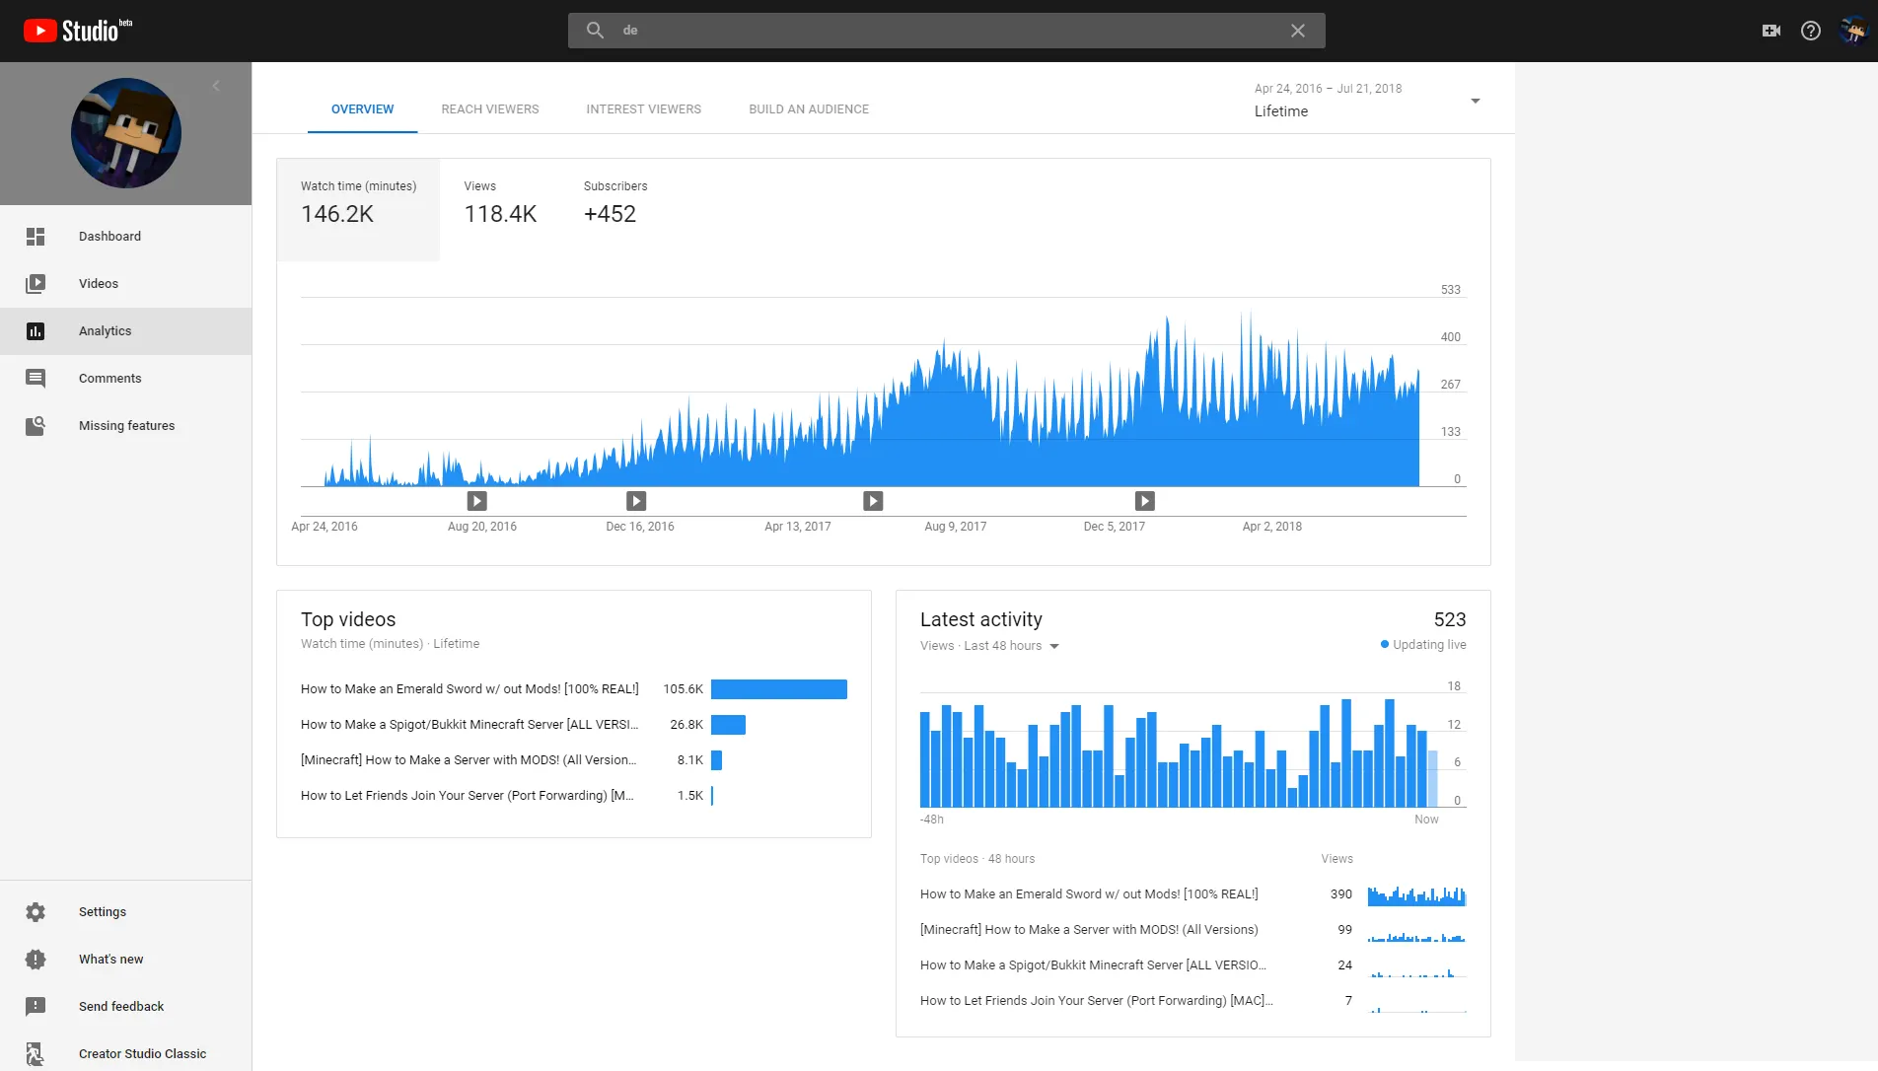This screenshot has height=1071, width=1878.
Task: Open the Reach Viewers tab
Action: [490, 109]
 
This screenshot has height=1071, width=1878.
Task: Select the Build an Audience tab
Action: [809, 109]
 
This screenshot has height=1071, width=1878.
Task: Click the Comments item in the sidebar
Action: [110, 378]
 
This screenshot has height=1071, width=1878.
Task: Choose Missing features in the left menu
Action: [127, 425]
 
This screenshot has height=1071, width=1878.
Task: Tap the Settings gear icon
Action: [36, 912]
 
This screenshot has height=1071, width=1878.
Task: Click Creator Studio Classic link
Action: [143, 1053]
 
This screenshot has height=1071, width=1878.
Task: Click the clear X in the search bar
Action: [1298, 31]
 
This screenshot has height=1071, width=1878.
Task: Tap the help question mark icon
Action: [1811, 31]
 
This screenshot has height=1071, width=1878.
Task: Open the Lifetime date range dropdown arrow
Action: [1476, 101]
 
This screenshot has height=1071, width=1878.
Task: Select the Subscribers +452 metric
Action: [610, 214]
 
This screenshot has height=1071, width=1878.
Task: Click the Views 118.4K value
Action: [501, 214]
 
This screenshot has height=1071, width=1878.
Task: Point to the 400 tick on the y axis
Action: [1450, 337]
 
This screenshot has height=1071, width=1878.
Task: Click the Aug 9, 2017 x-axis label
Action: [956, 527]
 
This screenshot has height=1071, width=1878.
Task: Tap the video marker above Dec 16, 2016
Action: [636, 501]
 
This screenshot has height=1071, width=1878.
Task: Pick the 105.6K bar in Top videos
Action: [779, 689]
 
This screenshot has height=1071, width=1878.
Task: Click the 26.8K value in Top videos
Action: [686, 725]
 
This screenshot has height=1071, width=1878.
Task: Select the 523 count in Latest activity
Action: [1450, 619]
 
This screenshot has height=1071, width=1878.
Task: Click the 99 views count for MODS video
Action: [1344, 930]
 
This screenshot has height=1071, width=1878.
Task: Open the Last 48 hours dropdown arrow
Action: [1054, 646]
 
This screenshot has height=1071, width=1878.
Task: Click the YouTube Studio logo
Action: [78, 31]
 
